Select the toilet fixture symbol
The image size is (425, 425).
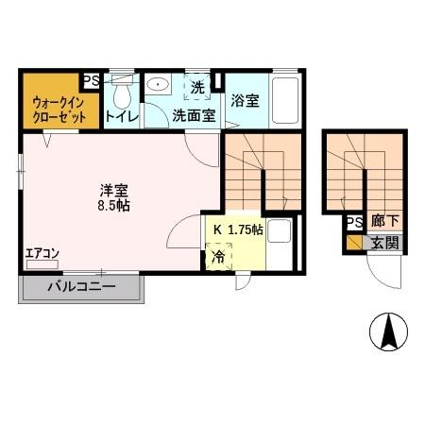click(x=121, y=93)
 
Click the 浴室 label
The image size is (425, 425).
click(x=245, y=100)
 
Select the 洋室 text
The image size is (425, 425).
click(x=111, y=187)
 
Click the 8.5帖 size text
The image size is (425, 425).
click(x=111, y=205)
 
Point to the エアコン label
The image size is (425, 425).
click(x=42, y=254)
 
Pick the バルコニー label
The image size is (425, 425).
click(x=81, y=287)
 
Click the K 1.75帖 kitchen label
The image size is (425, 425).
click(x=237, y=229)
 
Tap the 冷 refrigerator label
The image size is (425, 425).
click(x=218, y=256)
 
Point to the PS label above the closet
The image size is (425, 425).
click(x=93, y=81)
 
